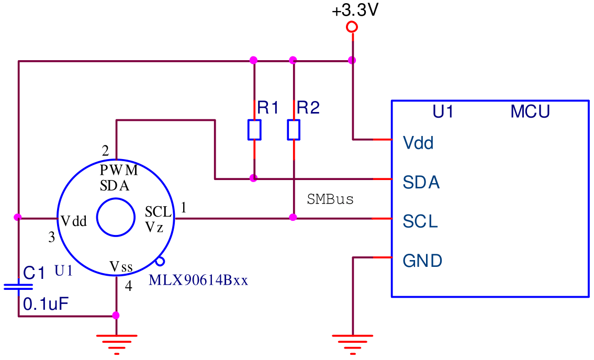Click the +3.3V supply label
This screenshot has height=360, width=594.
tap(355, 10)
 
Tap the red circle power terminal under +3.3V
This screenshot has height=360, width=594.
tap(352, 27)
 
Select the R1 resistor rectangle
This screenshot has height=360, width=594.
tap(254, 130)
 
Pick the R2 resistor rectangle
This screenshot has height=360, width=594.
tap(294, 130)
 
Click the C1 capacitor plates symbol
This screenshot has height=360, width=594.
tap(18, 287)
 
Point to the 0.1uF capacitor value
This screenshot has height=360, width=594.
tap(46, 304)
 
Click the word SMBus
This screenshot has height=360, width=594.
tap(330, 199)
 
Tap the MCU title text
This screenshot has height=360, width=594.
tap(530, 111)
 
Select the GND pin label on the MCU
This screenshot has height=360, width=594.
tap(422, 261)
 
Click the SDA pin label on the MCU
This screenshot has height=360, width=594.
tap(421, 182)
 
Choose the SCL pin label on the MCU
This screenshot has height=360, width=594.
tap(420, 221)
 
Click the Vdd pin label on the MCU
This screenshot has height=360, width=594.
tap(418, 143)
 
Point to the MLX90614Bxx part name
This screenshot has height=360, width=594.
tap(198, 280)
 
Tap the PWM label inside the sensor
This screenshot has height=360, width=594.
tap(119, 170)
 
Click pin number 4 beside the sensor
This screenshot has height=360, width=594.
tap(128, 286)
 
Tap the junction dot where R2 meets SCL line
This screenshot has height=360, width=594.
tap(293, 218)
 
